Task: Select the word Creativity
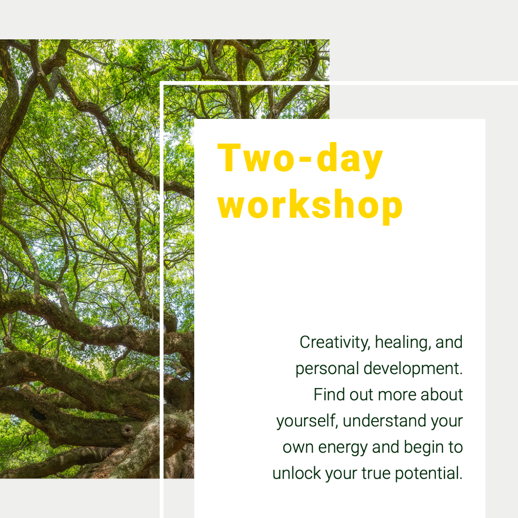tap(335, 343)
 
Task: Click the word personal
tap(327, 369)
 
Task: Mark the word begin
tap(424, 448)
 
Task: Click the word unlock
tap(297, 473)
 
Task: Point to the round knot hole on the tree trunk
tap(127, 430)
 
